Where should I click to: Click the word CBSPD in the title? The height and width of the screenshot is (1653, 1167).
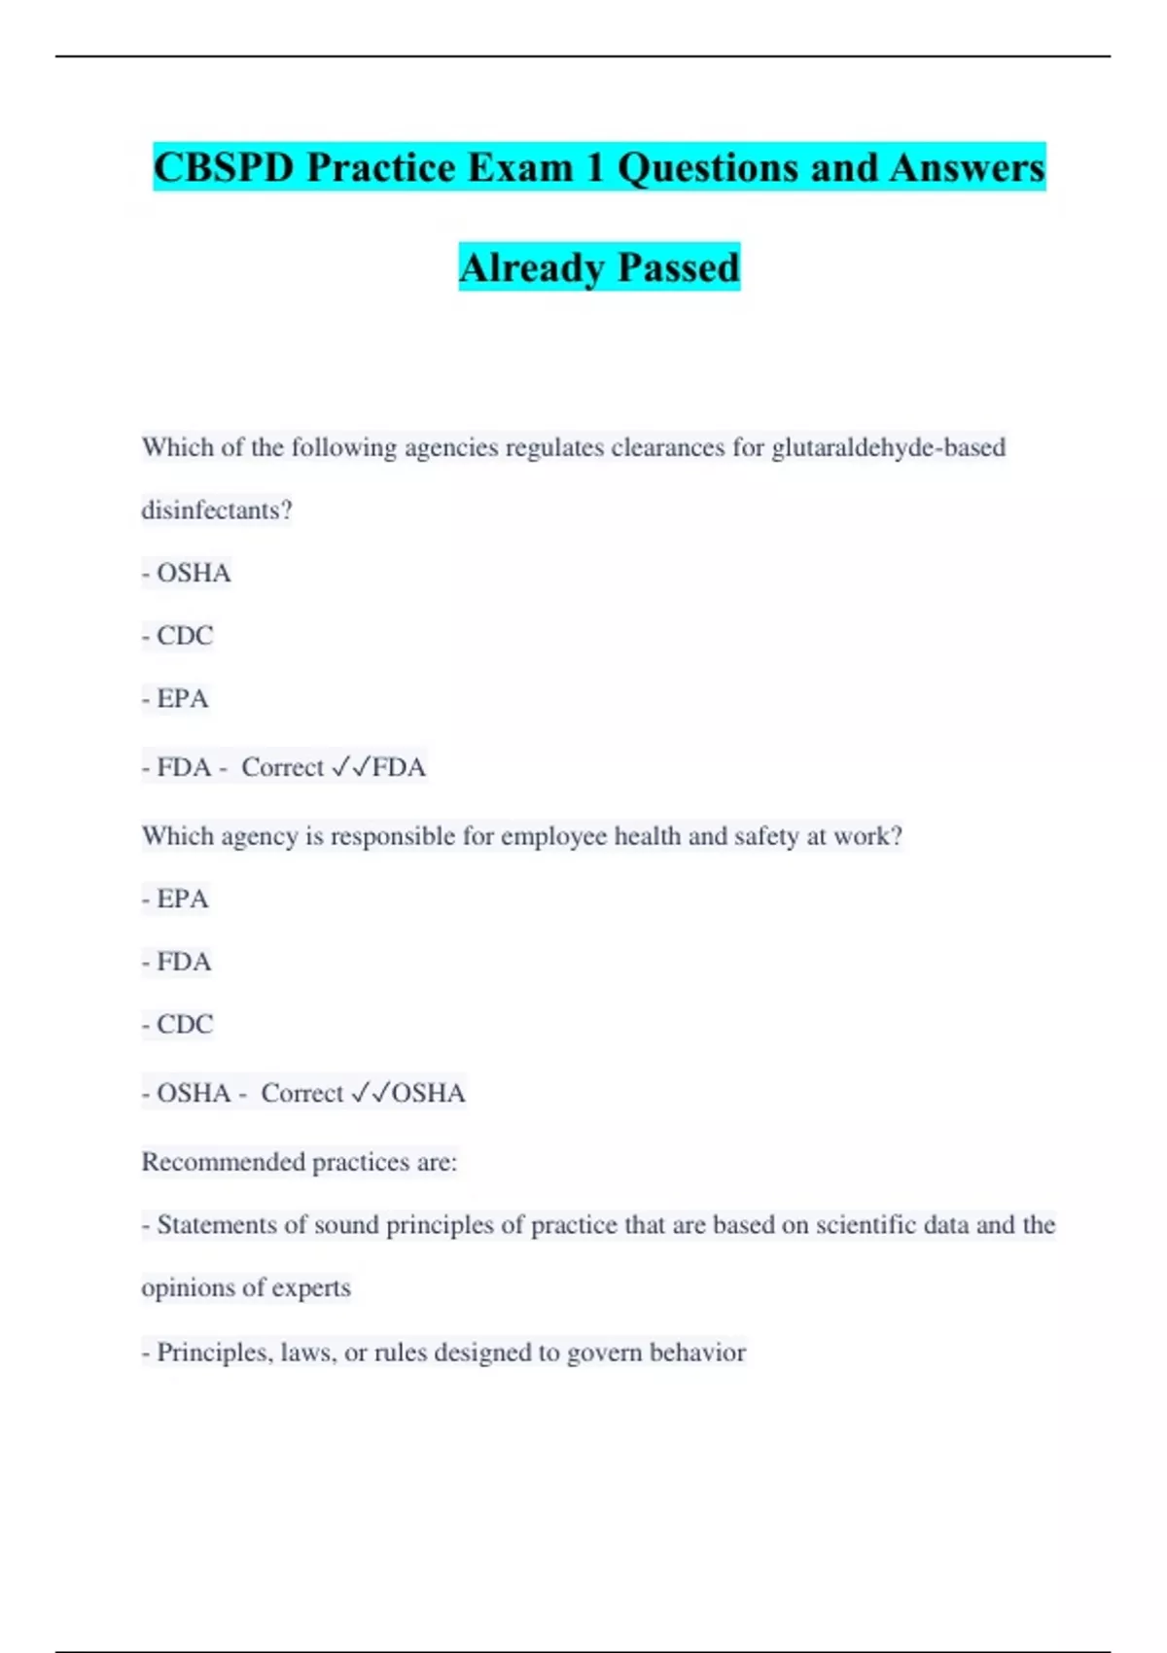click(x=224, y=167)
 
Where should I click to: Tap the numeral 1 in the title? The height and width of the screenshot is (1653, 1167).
click(x=594, y=167)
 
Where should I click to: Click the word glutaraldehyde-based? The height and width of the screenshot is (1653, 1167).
click(x=888, y=447)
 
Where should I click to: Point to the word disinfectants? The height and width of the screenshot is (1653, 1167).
click(x=217, y=510)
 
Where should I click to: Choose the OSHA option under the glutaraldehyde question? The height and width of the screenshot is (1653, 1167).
click(x=194, y=573)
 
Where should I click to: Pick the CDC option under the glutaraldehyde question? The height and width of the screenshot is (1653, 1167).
click(x=185, y=635)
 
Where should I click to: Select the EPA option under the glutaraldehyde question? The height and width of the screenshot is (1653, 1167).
click(x=183, y=698)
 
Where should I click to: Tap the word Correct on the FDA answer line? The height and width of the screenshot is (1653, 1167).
click(x=282, y=767)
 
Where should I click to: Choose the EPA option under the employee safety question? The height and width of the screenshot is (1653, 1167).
click(x=183, y=898)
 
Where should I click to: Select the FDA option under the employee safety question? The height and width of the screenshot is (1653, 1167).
click(x=184, y=962)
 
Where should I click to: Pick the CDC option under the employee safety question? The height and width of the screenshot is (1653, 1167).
click(x=185, y=1024)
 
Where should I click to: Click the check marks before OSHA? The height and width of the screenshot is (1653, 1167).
click(x=371, y=1093)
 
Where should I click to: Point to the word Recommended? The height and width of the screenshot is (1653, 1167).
click(x=223, y=1162)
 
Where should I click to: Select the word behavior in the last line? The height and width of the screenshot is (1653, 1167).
click(x=697, y=1352)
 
